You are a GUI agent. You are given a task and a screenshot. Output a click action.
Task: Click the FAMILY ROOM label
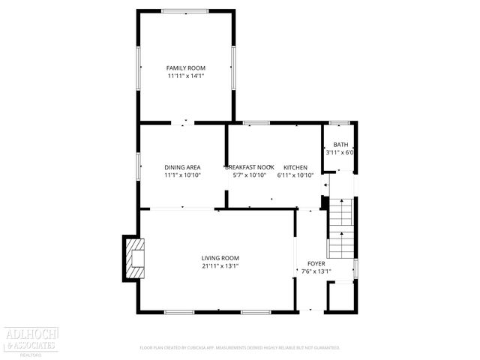coord(185,67)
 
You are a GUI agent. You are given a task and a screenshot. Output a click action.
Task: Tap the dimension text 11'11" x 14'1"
coord(185,76)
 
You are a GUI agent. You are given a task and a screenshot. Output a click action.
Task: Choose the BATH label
coord(340,145)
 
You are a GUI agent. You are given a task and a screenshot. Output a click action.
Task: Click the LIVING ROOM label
coord(220,258)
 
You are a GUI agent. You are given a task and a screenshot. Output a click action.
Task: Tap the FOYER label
coord(316,264)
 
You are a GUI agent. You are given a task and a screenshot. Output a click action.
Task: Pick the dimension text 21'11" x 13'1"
coord(220,266)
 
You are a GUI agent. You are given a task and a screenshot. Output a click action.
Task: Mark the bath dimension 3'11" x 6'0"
coord(340,152)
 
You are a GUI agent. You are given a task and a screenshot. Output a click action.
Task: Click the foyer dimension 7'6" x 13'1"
coord(316,272)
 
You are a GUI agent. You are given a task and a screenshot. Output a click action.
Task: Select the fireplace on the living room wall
coord(134,257)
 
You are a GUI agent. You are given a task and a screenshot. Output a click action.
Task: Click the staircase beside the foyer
coord(341,228)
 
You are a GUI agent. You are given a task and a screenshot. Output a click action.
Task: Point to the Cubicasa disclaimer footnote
coord(240,348)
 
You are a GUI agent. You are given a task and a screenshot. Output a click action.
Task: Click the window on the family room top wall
coord(185,10)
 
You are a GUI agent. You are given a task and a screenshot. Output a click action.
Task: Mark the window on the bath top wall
coord(340,122)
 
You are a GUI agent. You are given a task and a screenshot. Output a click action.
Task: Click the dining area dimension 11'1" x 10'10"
coord(182,175)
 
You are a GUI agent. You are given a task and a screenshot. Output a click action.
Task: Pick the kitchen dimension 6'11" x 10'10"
coord(295,175)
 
